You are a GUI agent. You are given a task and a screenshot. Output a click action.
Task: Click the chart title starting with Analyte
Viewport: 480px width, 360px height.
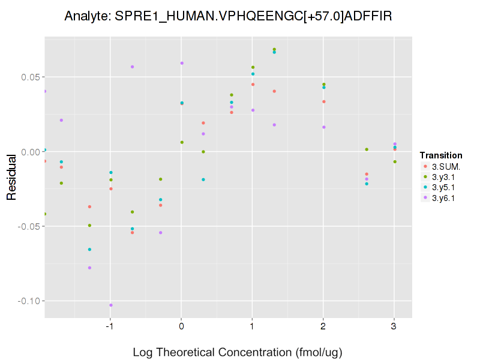228,16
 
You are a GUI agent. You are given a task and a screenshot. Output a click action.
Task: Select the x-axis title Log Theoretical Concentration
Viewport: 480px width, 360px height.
237,352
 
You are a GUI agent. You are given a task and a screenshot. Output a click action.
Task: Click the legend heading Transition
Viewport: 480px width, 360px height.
441,155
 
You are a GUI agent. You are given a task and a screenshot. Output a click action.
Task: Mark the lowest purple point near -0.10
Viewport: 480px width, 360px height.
111,305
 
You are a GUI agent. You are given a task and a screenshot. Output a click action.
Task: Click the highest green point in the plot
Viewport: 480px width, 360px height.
274,49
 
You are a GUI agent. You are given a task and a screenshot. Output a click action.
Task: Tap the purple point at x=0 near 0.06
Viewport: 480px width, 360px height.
182,63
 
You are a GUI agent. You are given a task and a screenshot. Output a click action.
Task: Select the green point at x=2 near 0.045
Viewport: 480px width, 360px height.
324,85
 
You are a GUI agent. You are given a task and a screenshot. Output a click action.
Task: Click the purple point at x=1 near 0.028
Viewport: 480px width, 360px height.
253,110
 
